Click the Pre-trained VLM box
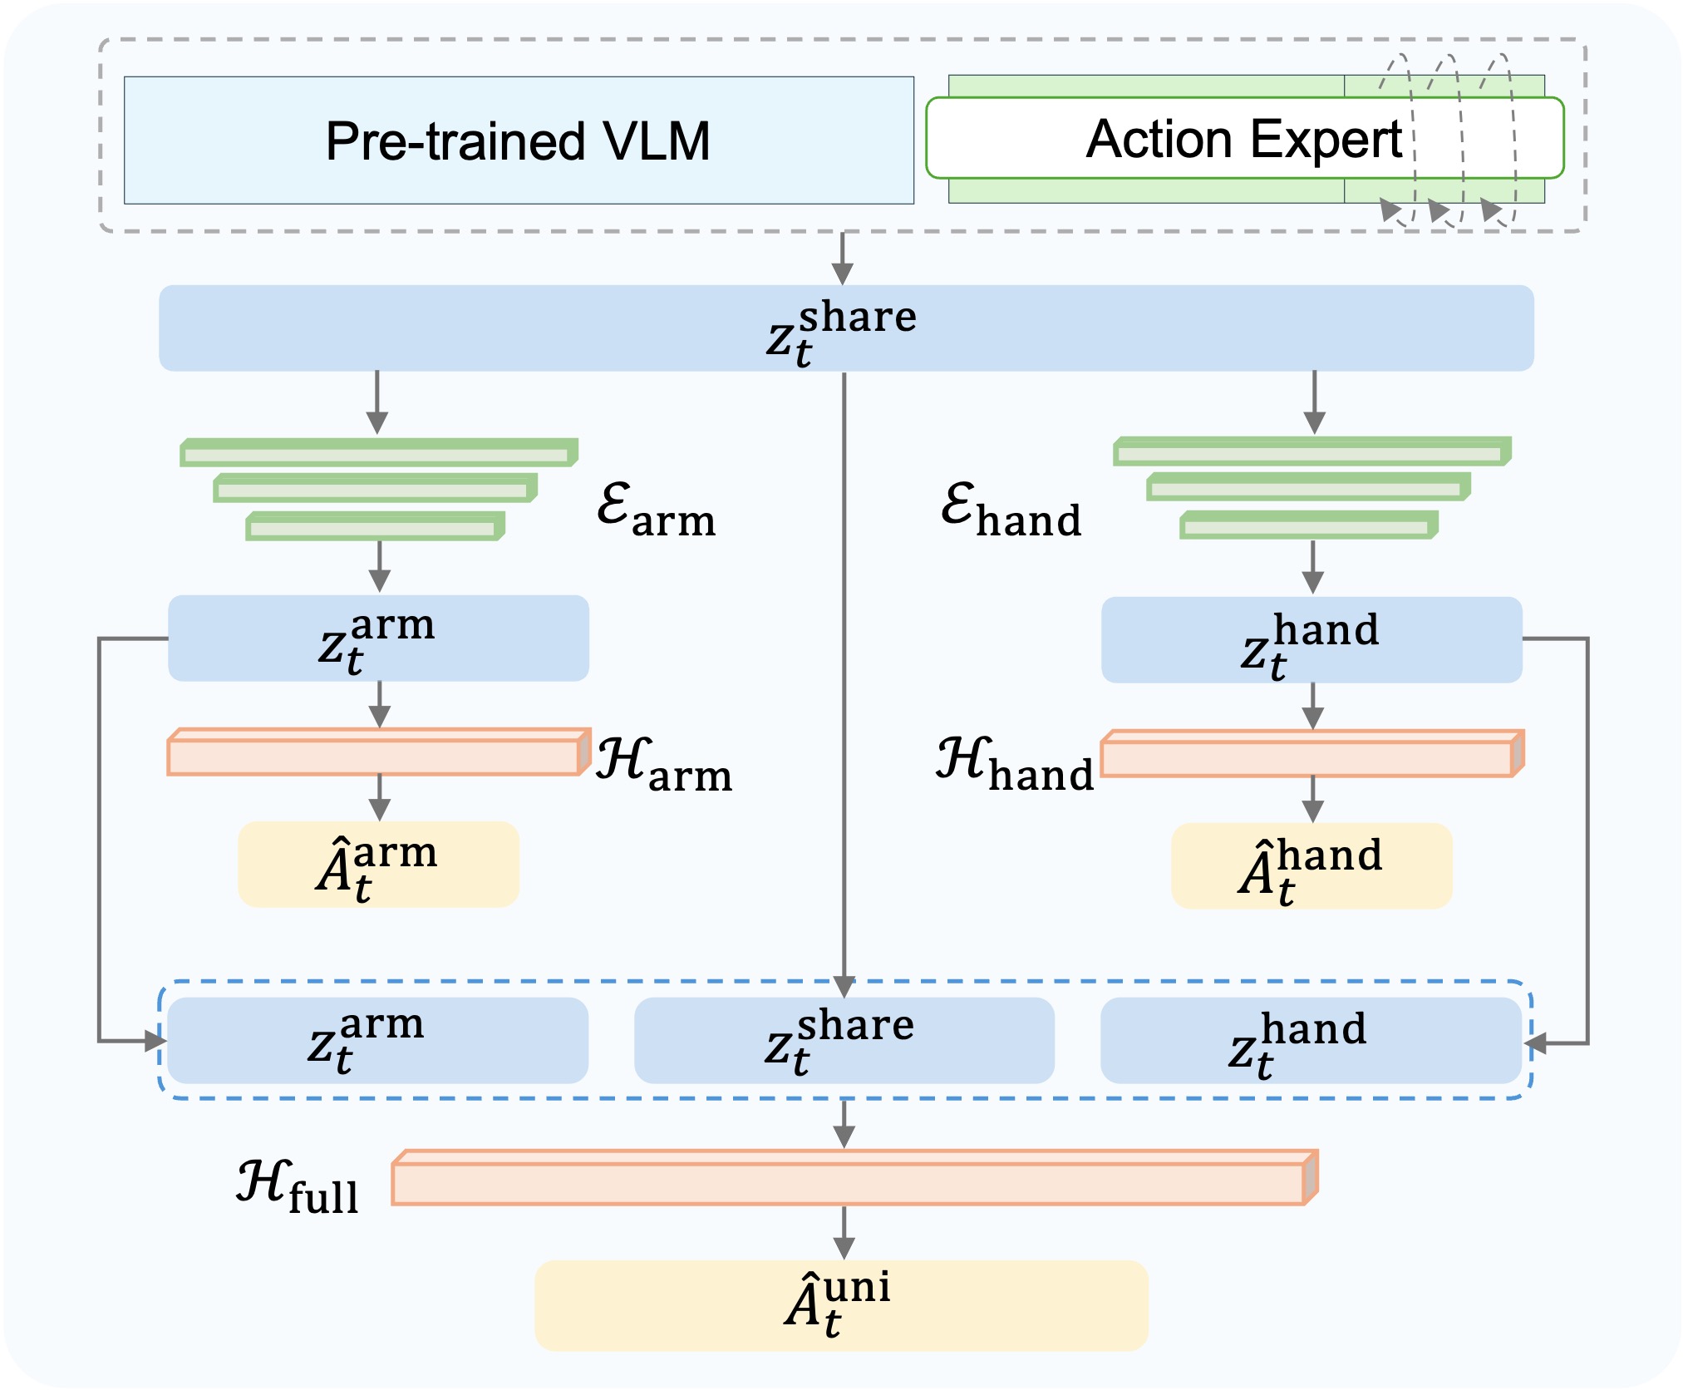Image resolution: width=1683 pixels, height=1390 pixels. click(519, 140)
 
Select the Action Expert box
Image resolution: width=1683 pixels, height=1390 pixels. click(1244, 138)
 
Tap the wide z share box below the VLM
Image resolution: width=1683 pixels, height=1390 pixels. click(845, 328)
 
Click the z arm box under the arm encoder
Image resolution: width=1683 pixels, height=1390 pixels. click(378, 638)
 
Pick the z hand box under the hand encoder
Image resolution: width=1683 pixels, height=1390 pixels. click(1311, 640)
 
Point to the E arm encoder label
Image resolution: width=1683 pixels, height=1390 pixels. click(656, 510)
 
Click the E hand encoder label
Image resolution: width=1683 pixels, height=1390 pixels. click(1011, 510)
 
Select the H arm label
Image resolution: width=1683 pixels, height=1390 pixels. click(664, 764)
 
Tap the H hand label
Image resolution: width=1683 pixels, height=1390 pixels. click(1015, 764)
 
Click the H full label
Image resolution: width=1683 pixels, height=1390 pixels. click(298, 1186)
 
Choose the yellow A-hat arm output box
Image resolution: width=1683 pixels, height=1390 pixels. click(378, 865)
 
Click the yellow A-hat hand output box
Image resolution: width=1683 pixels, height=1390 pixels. click(1311, 866)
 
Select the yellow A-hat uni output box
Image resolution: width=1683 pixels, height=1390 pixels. click(841, 1304)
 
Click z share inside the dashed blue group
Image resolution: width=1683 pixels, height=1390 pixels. click(844, 1041)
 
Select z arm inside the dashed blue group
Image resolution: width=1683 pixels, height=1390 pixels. click(377, 1041)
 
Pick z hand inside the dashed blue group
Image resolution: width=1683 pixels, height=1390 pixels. click(1311, 1041)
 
